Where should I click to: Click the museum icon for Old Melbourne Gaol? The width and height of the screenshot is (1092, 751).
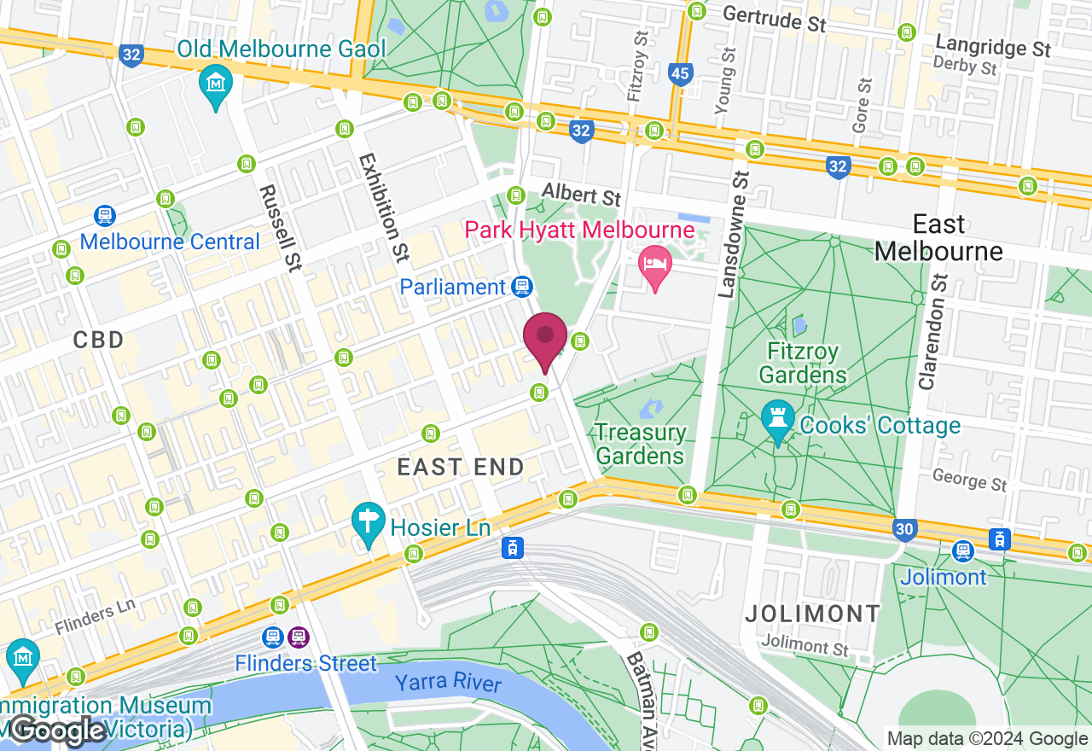pyautogui.click(x=216, y=84)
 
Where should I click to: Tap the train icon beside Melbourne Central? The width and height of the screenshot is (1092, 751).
pyautogui.click(x=105, y=216)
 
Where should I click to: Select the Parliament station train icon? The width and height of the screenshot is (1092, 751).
pyautogui.click(x=522, y=287)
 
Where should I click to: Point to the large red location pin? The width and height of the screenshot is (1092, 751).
pyautogui.click(x=545, y=338)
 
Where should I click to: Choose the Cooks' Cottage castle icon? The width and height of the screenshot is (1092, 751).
pyautogui.click(x=778, y=419)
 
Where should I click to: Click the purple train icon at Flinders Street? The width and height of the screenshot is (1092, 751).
pyautogui.click(x=298, y=637)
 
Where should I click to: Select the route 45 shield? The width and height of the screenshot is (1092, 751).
pyautogui.click(x=680, y=74)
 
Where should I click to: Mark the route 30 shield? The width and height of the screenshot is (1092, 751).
pyautogui.click(x=905, y=530)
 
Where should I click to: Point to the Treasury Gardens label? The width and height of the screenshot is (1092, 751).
pyautogui.click(x=640, y=444)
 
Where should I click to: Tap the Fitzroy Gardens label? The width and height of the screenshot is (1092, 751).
pyautogui.click(x=802, y=363)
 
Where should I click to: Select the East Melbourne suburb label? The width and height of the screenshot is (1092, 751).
pyautogui.click(x=938, y=238)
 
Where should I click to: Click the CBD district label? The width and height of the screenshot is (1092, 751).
pyautogui.click(x=98, y=341)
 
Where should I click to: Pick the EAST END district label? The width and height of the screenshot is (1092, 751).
pyautogui.click(x=462, y=467)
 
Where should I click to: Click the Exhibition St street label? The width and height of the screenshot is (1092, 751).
pyautogui.click(x=385, y=209)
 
